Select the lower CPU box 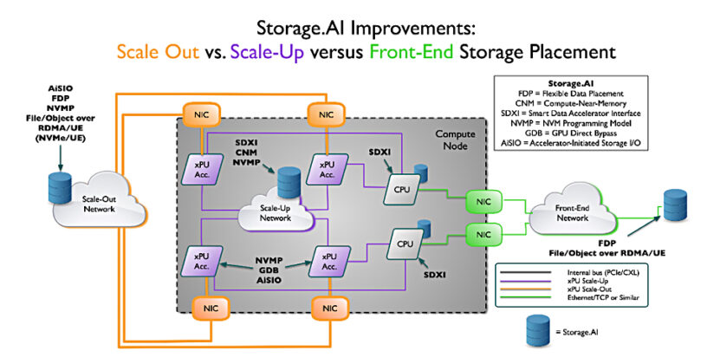click(x=405, y=243)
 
